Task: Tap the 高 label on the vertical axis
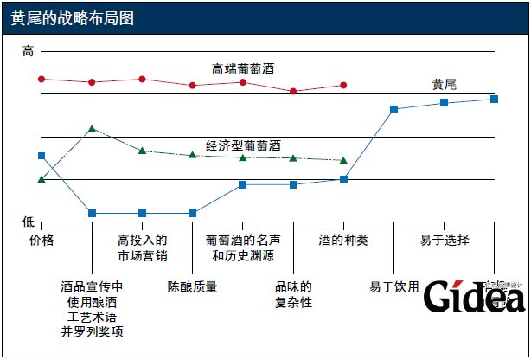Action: pos(28,53)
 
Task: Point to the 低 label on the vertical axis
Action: pos(28,222)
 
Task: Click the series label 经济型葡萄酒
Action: pos(243,146)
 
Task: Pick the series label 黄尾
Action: pos(445,84)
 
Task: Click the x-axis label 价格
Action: pos(42,240)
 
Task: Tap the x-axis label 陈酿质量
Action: pos(192,286)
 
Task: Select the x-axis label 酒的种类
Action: pos(343,240)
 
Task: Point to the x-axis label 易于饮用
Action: pos(393,286)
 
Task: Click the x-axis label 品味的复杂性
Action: pos(293,294)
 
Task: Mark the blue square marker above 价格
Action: pos(42,156)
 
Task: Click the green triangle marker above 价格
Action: pos(42,179)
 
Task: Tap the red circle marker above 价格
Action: pos(42,79)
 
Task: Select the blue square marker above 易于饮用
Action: pos(393,109)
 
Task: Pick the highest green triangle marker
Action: pos(92,128)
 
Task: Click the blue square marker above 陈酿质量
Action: pos(192,213)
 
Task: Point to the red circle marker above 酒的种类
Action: pos(343,85)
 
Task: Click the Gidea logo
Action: pos(476,296)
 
